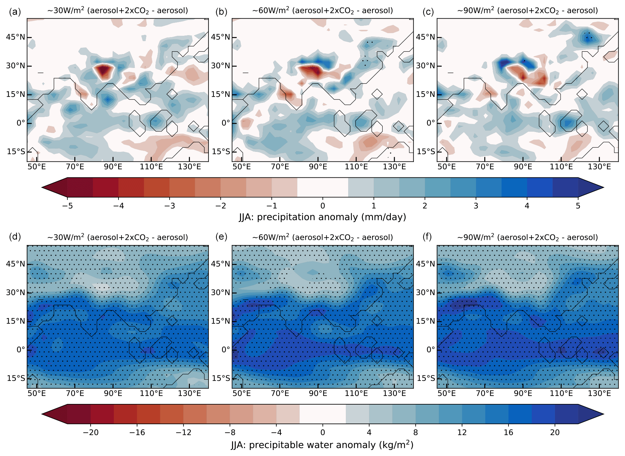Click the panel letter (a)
click(15, 12)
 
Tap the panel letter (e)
click(221, 236)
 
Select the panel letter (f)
click(427, 236)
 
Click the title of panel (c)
click(527, 11)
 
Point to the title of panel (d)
click(117, 237)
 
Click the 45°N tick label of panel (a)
click(15, 37)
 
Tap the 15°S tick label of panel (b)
click(221, 152)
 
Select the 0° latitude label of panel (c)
click(430, 123)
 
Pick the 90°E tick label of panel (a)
click(113, 166)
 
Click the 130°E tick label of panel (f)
click(599, 393)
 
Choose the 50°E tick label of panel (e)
click(242, 393)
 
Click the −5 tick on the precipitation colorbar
click(67, 206)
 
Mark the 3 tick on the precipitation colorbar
click(476, 206)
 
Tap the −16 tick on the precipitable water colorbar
click(137, 432)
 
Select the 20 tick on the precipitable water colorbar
click(555, 432)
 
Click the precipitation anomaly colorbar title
click(322, 217)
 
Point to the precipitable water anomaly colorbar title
click(322, 445)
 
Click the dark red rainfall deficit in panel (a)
click(103, 71)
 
